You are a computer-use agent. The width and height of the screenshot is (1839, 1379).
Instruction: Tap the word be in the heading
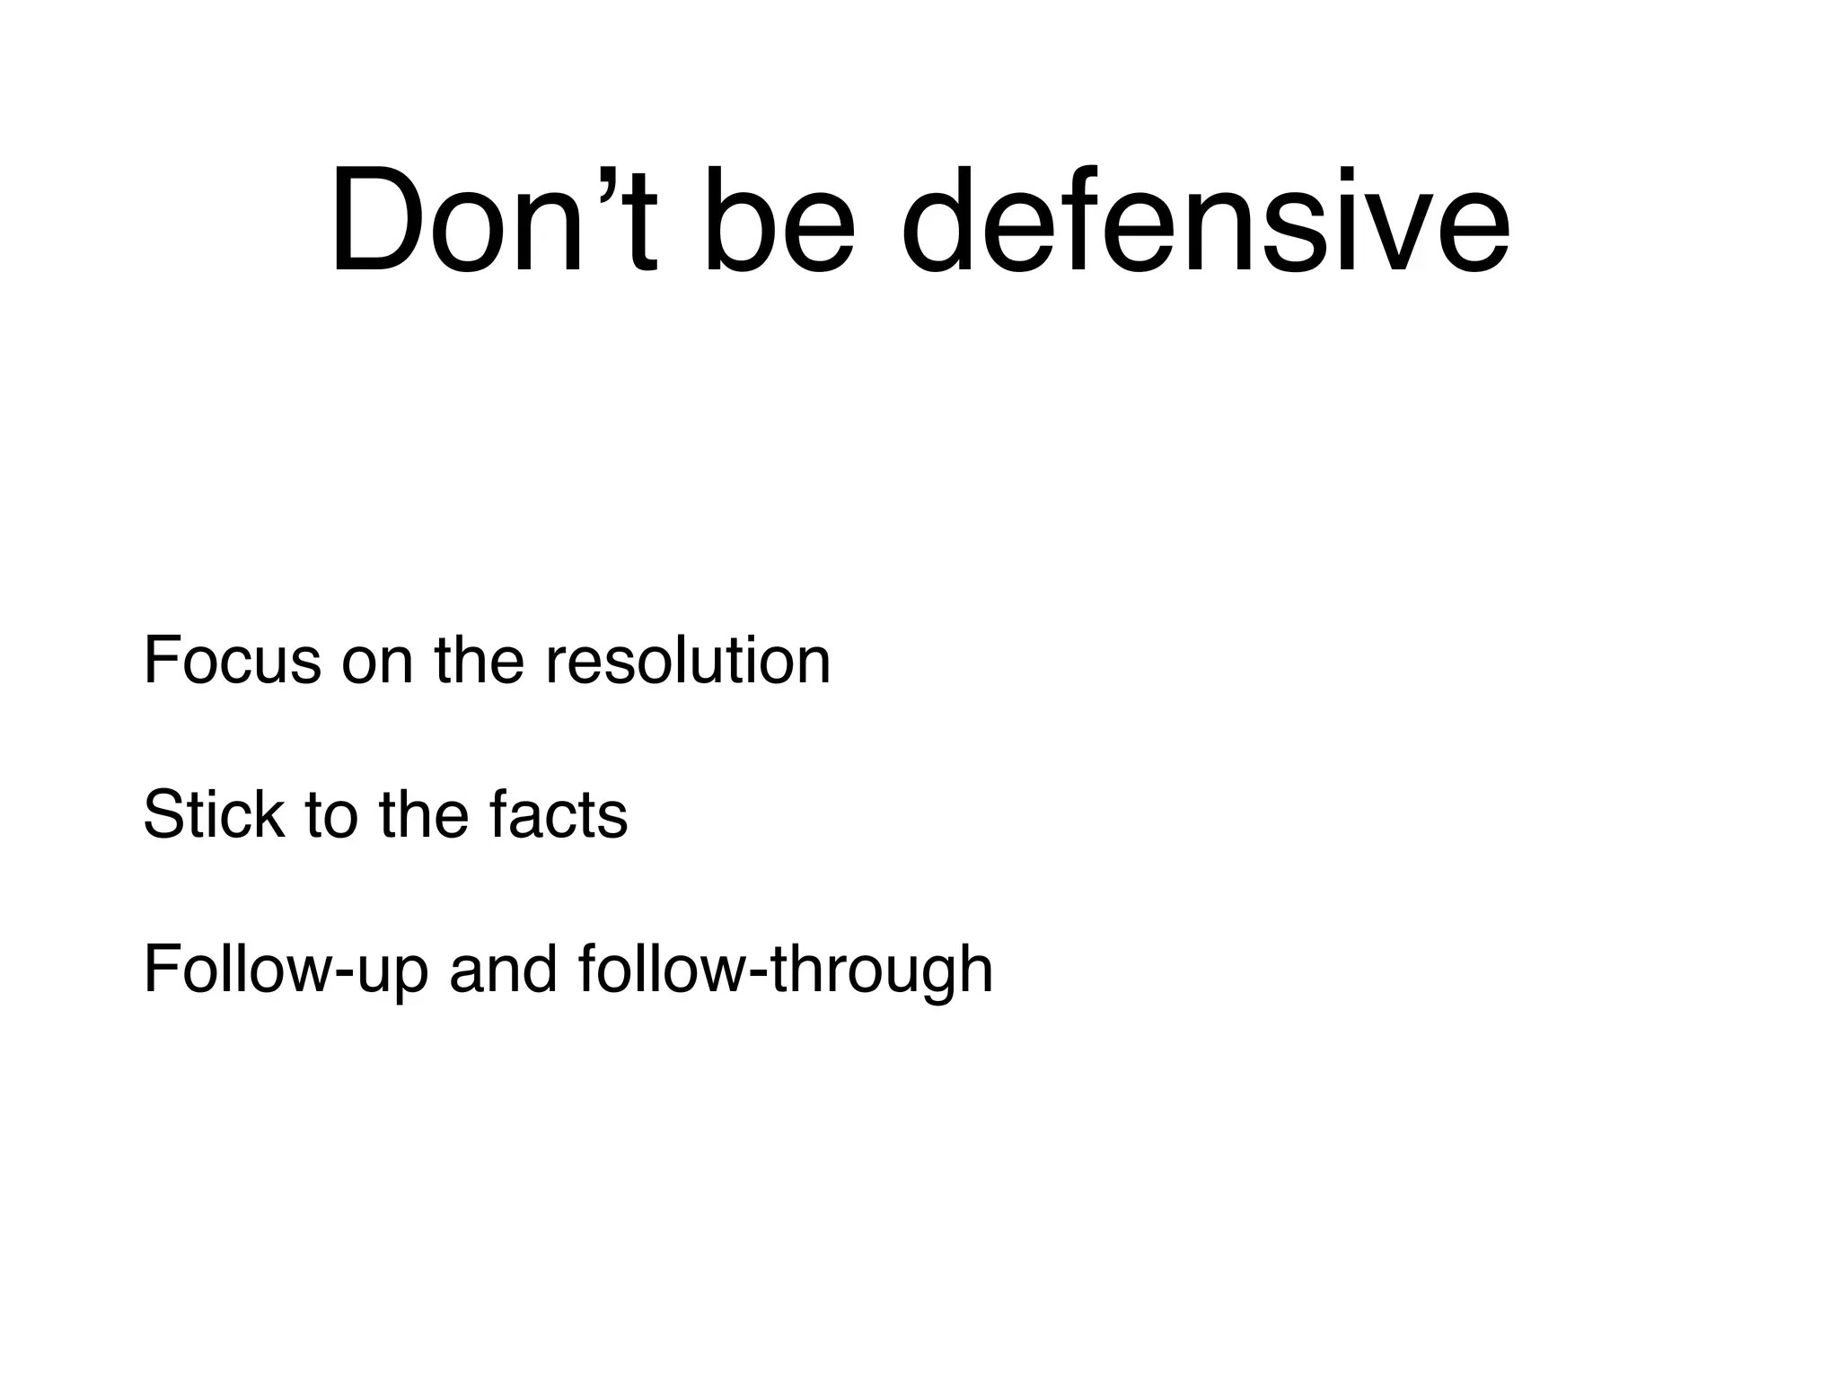click(778, 220)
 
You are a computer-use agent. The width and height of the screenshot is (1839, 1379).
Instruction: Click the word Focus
click(232, 662)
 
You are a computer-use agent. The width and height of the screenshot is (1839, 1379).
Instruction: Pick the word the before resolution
click(479, 662)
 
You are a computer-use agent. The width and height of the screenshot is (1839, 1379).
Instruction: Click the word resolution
click(688, 662)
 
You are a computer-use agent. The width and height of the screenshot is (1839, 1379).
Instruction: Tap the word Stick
click(213, 816)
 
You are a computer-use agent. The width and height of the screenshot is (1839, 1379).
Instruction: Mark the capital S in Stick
click(162, 816)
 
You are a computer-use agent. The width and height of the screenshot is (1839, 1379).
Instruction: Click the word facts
click(559, 816)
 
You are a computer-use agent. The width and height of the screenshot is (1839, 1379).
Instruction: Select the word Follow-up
click(285, 971)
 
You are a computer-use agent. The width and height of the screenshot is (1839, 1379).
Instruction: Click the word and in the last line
click(503, 971)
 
